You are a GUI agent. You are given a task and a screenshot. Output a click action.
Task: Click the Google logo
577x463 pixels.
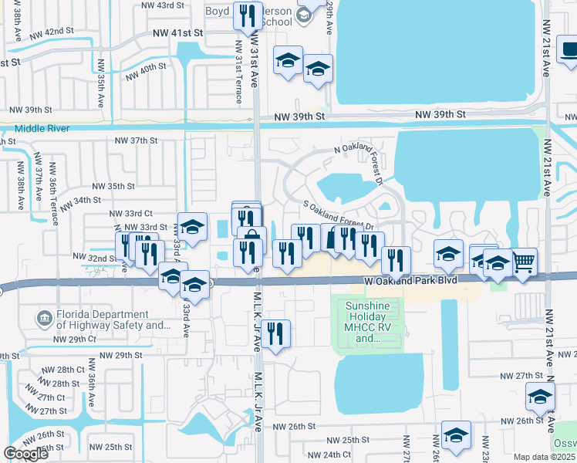point(26,455)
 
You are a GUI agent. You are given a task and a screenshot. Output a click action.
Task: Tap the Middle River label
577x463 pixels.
point(42,128)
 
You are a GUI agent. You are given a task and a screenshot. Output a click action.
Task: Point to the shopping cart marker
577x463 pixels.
point(524,263)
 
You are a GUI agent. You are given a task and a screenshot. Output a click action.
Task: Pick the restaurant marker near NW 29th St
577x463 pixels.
point(275,334)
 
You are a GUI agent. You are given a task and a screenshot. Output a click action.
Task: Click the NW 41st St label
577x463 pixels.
point(177,33)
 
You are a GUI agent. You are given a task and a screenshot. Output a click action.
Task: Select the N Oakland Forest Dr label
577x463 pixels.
point(359,155)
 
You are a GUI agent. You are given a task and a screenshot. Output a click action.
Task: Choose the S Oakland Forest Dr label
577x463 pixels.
point(339,216)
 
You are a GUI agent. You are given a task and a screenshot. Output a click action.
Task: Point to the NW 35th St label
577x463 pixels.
point(113,186)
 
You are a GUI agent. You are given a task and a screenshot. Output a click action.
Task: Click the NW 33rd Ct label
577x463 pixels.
point(131,214)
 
